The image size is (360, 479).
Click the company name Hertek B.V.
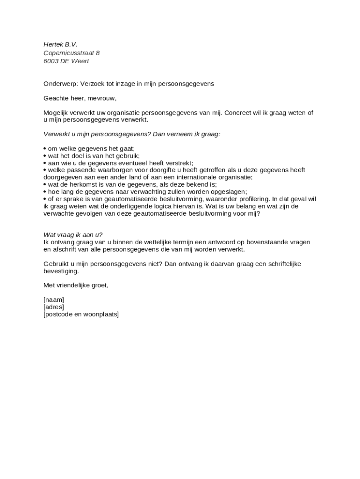(x=60, y=44)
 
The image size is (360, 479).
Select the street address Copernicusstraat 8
(x=72, y=53)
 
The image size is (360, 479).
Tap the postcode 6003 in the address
(x=50, y=61)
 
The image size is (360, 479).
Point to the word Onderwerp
(x=60, y=84)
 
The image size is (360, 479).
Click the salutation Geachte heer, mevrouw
(x=79, y=98)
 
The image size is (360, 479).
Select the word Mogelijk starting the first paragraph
(x=57, y=113)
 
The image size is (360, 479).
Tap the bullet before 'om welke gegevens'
(x=45, y=149)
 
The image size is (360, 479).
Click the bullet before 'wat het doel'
(x=45, y=156)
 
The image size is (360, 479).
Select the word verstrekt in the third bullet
(x=178, y=163)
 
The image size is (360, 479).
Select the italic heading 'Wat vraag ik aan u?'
(x=73, y=235)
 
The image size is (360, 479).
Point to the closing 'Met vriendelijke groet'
(x=76, y=285)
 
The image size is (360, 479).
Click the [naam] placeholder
(x=54, y=300)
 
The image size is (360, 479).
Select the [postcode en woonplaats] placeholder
(x=81, y=314)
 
